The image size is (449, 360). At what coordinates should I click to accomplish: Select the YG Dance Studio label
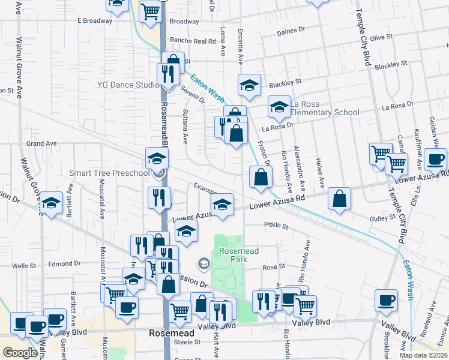click(x=128, y=85)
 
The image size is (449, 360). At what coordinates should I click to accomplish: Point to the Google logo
click(x=20, y=353)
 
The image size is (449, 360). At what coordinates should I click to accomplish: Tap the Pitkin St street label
click(x=276, y=226)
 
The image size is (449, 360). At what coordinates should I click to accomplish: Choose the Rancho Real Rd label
click(x=192, y=41)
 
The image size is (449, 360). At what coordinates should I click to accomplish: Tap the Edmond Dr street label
click(x=65, y=263)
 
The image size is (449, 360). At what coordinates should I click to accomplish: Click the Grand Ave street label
click(x=41, y=144)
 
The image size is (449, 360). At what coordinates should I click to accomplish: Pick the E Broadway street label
click(x=95, y=20)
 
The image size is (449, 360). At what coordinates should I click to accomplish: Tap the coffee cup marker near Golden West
click(x=435, y=160)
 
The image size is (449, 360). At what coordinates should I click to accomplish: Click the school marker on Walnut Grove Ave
click(x=52, y=203)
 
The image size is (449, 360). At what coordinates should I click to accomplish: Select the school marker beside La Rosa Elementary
click(x=279, y=107)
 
